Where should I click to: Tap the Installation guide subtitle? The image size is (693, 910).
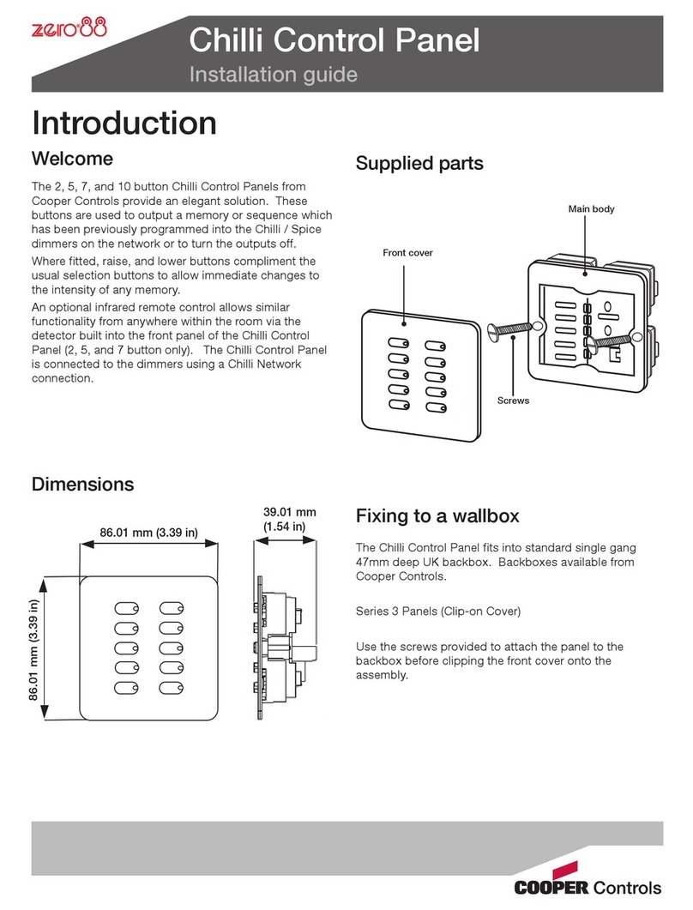point(273,75)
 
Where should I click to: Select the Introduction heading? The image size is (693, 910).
point(124,123)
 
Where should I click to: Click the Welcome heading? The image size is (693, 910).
point(72,159)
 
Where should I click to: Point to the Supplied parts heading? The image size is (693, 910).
point(419,163)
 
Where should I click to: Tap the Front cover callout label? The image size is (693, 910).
point(408,253)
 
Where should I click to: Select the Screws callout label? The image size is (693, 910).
point(513,401)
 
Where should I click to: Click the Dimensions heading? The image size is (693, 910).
point(82,484)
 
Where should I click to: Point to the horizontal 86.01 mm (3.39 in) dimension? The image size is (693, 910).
point(149,533)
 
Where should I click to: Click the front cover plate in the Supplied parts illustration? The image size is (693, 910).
point(416,371)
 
